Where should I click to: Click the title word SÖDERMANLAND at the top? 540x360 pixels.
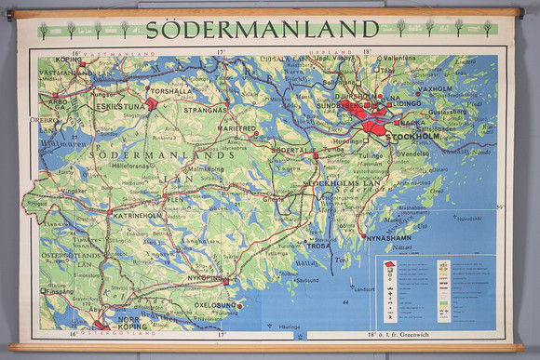click(x=263, y=29)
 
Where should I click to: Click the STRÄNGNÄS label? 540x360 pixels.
click(x=205, y=110)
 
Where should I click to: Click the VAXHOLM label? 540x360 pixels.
click(x=436, y=89)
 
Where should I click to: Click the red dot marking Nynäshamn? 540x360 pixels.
click(x=363, y=236)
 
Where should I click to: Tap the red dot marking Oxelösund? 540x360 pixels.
click(x=239, y=304)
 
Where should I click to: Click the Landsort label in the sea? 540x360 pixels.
click(x=363, y=288)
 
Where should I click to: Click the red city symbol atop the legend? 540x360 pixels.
click(x=389, y=265)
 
